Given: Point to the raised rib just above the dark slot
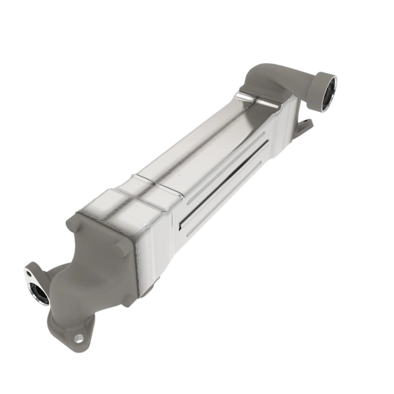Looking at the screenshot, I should [x=221, y=173].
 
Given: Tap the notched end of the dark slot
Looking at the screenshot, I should [x=182, y=227].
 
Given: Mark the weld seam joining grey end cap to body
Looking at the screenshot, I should [x=136, y=263].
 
